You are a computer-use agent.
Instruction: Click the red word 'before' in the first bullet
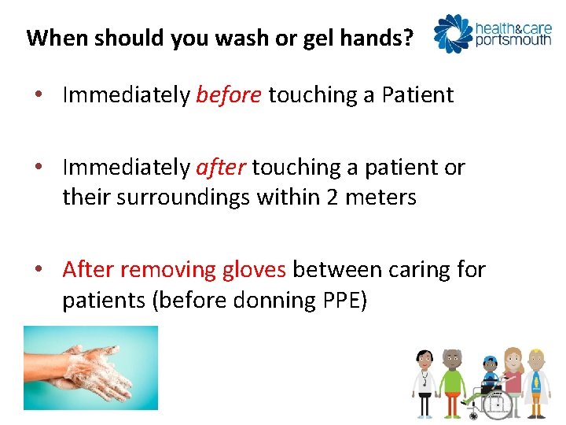tap(228, 95)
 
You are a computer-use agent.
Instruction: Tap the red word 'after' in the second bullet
tap(220, 168)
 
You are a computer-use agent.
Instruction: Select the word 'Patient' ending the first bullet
tap(417, 95)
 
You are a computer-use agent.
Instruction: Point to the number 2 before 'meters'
tap(333, 197)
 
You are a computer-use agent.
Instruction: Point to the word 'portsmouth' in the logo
tap(513, 39)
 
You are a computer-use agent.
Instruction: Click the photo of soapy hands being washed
tap(90, 368)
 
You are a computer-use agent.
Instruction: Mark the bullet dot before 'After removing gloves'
tap(38, 271)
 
